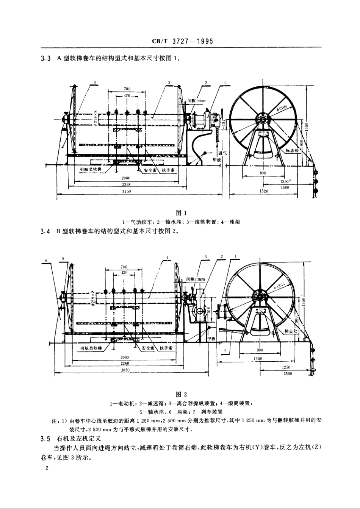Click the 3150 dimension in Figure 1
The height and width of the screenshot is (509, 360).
coord(127,192)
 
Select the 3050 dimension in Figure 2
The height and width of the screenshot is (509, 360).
coord(125,370)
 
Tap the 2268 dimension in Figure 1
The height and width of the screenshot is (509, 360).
coord(127,185)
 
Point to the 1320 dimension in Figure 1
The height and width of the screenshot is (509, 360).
coord(264,191)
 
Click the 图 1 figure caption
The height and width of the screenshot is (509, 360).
coord(180,213)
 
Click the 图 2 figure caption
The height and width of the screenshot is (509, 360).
coord(180,394)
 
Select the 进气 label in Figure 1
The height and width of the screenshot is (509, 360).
coord(223,153)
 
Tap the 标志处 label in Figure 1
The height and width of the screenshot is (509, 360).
coord(292,150)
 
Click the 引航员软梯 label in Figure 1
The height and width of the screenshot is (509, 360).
coord(91,170)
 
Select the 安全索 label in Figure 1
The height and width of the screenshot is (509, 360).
coord(150,170)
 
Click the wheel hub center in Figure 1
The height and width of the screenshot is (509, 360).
coord(262,119)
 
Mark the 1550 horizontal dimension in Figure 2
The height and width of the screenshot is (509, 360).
coord(258,358)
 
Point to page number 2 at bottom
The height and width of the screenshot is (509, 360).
coord(47,468)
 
